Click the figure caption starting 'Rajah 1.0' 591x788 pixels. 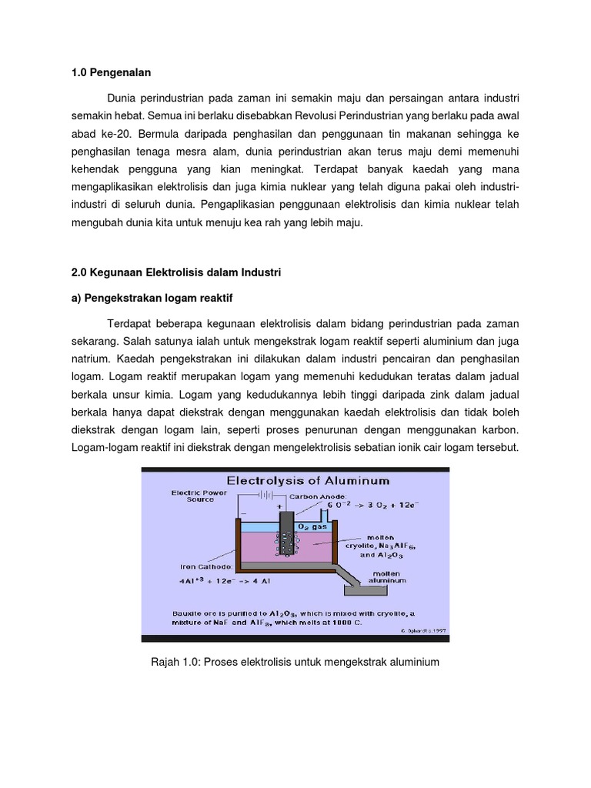coord(295,661)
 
